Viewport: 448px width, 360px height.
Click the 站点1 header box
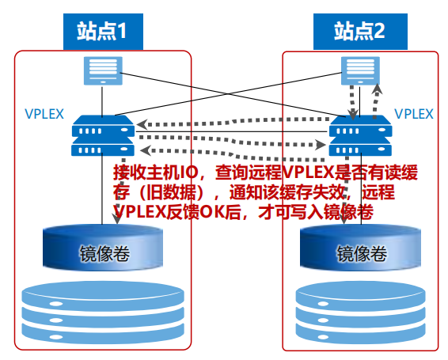click(x=103, y=32)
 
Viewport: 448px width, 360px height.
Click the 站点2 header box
click(x=360, y=32)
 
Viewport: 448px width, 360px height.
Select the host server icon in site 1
click(x=103, y=70)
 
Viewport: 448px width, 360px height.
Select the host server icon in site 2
click(x=360, y=70)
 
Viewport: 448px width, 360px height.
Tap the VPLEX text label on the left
click(x=44, y=114)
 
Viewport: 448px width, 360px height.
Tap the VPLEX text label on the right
click(x=414, y=114)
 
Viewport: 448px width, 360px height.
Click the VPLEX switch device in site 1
click(x=103, y=135)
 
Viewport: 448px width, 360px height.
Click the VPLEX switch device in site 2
click(x=361, y=135)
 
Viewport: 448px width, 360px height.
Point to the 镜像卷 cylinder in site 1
click(x=103, y=247)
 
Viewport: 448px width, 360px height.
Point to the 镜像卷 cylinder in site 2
click(x=360, y=247)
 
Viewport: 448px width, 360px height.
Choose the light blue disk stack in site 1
click(x=103, y=313)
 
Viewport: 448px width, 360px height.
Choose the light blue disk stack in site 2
click(x=361, y=313)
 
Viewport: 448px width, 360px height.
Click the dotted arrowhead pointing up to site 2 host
click(x=377, y=89)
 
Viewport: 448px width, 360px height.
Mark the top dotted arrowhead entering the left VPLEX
click(x=142, y=124)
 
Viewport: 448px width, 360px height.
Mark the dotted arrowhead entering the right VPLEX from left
click(x=321, y=145)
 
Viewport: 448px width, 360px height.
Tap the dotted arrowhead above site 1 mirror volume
click(x=117, y=218)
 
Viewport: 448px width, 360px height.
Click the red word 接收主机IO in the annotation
click(x=156, y=172)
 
